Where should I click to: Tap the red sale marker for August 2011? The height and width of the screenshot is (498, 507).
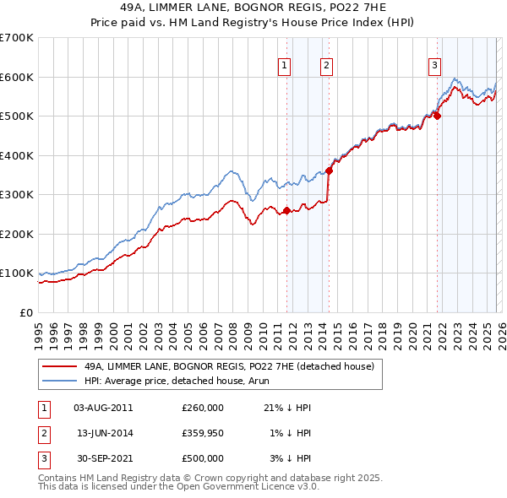[x=286, y=211]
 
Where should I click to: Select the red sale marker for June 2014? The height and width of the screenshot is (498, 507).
[x=329, y=171]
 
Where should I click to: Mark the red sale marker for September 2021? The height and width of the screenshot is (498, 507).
[x=438, y=116]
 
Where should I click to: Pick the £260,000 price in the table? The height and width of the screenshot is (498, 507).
[x=203, y=408]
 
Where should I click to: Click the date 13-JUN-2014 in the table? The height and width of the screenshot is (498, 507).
[x=104, y=433]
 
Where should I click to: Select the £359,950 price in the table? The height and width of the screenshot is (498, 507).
[x=203, y=433]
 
